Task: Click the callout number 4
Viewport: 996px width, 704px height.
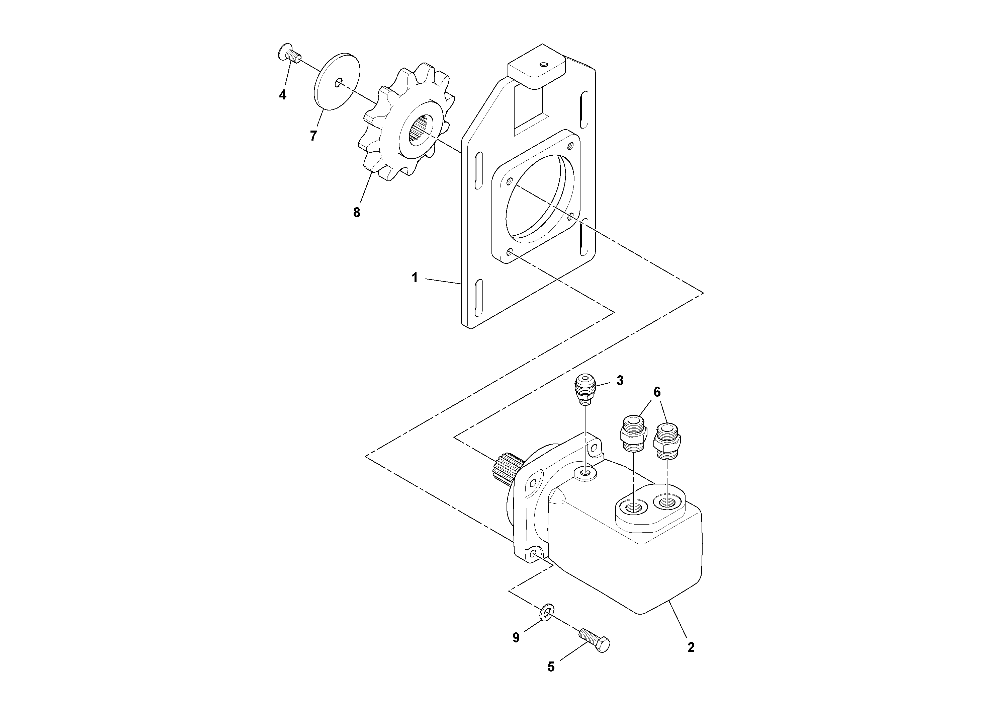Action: [282, 95]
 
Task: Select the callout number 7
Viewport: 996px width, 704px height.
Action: [313, 136]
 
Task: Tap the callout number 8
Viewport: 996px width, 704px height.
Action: [357, 213]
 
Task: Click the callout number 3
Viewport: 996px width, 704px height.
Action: [620, 381]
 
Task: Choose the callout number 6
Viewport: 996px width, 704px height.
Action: [657, 392]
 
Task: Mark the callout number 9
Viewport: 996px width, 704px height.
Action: [516, 638]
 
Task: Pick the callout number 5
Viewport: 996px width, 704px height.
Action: [551, 667]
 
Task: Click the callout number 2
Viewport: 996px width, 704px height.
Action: [691, 647]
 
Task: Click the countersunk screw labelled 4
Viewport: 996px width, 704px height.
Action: [288, 54]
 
